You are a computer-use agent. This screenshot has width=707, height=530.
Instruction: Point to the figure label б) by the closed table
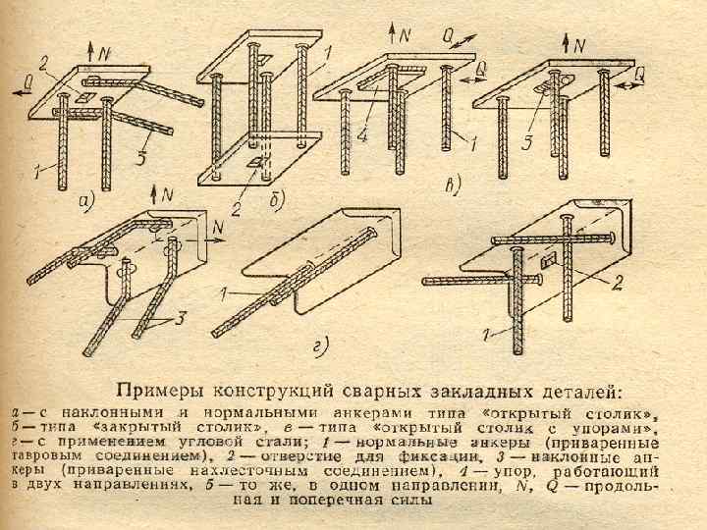(x=277, y=200)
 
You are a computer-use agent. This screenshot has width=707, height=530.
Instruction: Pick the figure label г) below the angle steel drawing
(x=319, y=343)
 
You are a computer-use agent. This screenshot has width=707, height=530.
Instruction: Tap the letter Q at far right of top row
(x=639, y=73)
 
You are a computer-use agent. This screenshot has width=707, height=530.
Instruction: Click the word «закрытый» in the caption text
(x=130, y=429)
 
